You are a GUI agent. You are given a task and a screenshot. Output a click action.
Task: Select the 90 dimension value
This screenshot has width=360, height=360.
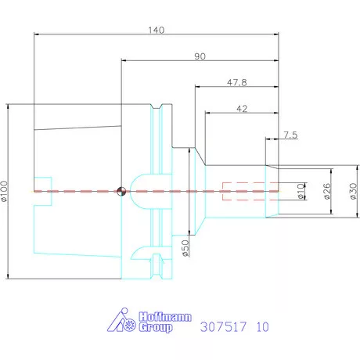click(x=200, y=56)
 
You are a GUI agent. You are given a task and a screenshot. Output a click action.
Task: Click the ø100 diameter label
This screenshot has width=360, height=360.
click(x=5, y=191)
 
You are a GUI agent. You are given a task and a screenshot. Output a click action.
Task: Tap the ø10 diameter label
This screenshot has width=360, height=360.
click(x=301, y=191)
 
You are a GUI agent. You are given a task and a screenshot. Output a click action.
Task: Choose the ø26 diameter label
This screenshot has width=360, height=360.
click(x=326, y=191)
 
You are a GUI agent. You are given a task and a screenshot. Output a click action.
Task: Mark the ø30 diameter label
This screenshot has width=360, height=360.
click(x=351, y=191)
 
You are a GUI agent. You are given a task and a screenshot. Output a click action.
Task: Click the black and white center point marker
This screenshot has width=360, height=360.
click(x=121, y=191)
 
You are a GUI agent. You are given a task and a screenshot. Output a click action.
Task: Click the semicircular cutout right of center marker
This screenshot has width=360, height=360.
click(x=141, y=191)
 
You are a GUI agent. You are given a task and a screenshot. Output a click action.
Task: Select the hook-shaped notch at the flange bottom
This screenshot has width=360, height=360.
click(x=142, y=254)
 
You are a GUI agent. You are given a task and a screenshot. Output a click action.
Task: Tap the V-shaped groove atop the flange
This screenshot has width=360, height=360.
click(x=160, y=108)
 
